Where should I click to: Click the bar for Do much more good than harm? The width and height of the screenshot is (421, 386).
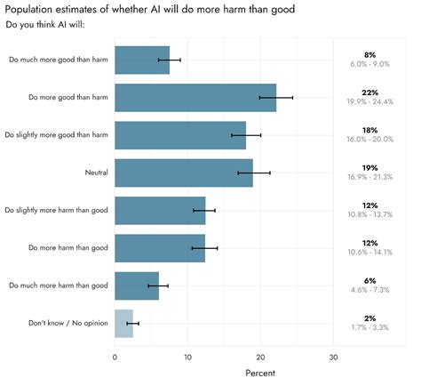[x=142, y=60]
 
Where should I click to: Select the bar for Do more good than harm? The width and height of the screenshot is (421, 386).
[x=195, y=97]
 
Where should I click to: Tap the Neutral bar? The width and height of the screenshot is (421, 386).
[x=184, y=173]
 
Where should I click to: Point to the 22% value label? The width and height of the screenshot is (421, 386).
[x=369, y=92]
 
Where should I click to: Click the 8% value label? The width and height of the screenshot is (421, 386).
[x=369, y=55]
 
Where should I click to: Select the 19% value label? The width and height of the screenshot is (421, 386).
[x=369, y=167]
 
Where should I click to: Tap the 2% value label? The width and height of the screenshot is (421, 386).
[x=369, y=318]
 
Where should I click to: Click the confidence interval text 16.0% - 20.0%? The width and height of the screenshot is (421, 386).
[x=369, y=140]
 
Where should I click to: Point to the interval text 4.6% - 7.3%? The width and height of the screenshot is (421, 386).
[x=369, y=290]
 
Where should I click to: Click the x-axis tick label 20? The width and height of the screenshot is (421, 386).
[x=261, y=358]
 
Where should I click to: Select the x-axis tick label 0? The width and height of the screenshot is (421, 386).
[x=115, y=358]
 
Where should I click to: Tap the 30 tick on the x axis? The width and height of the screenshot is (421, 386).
[x=334, y=358]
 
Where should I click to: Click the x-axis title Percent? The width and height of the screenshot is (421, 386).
[x=260, y=374]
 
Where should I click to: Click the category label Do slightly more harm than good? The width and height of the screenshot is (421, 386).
[x=56, y=210]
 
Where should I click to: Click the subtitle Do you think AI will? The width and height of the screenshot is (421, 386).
[x=44, y=23]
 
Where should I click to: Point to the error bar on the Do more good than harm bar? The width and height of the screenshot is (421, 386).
[x=276, y=97]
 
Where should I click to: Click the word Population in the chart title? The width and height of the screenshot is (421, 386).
[x=35, y=8]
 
